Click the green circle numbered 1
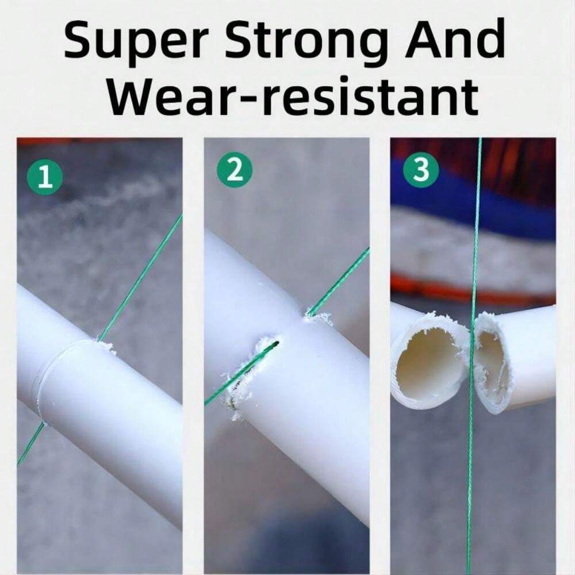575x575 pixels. (45, 177)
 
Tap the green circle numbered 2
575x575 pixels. (235, 170)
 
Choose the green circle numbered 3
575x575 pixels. (421, 170)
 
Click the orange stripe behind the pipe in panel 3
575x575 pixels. (473, 292)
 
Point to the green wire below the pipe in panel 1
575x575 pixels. (31, 444)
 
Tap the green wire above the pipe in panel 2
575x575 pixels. (338, 281)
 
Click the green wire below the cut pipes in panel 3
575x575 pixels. (469, 492)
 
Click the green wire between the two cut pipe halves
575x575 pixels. (471, 363)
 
